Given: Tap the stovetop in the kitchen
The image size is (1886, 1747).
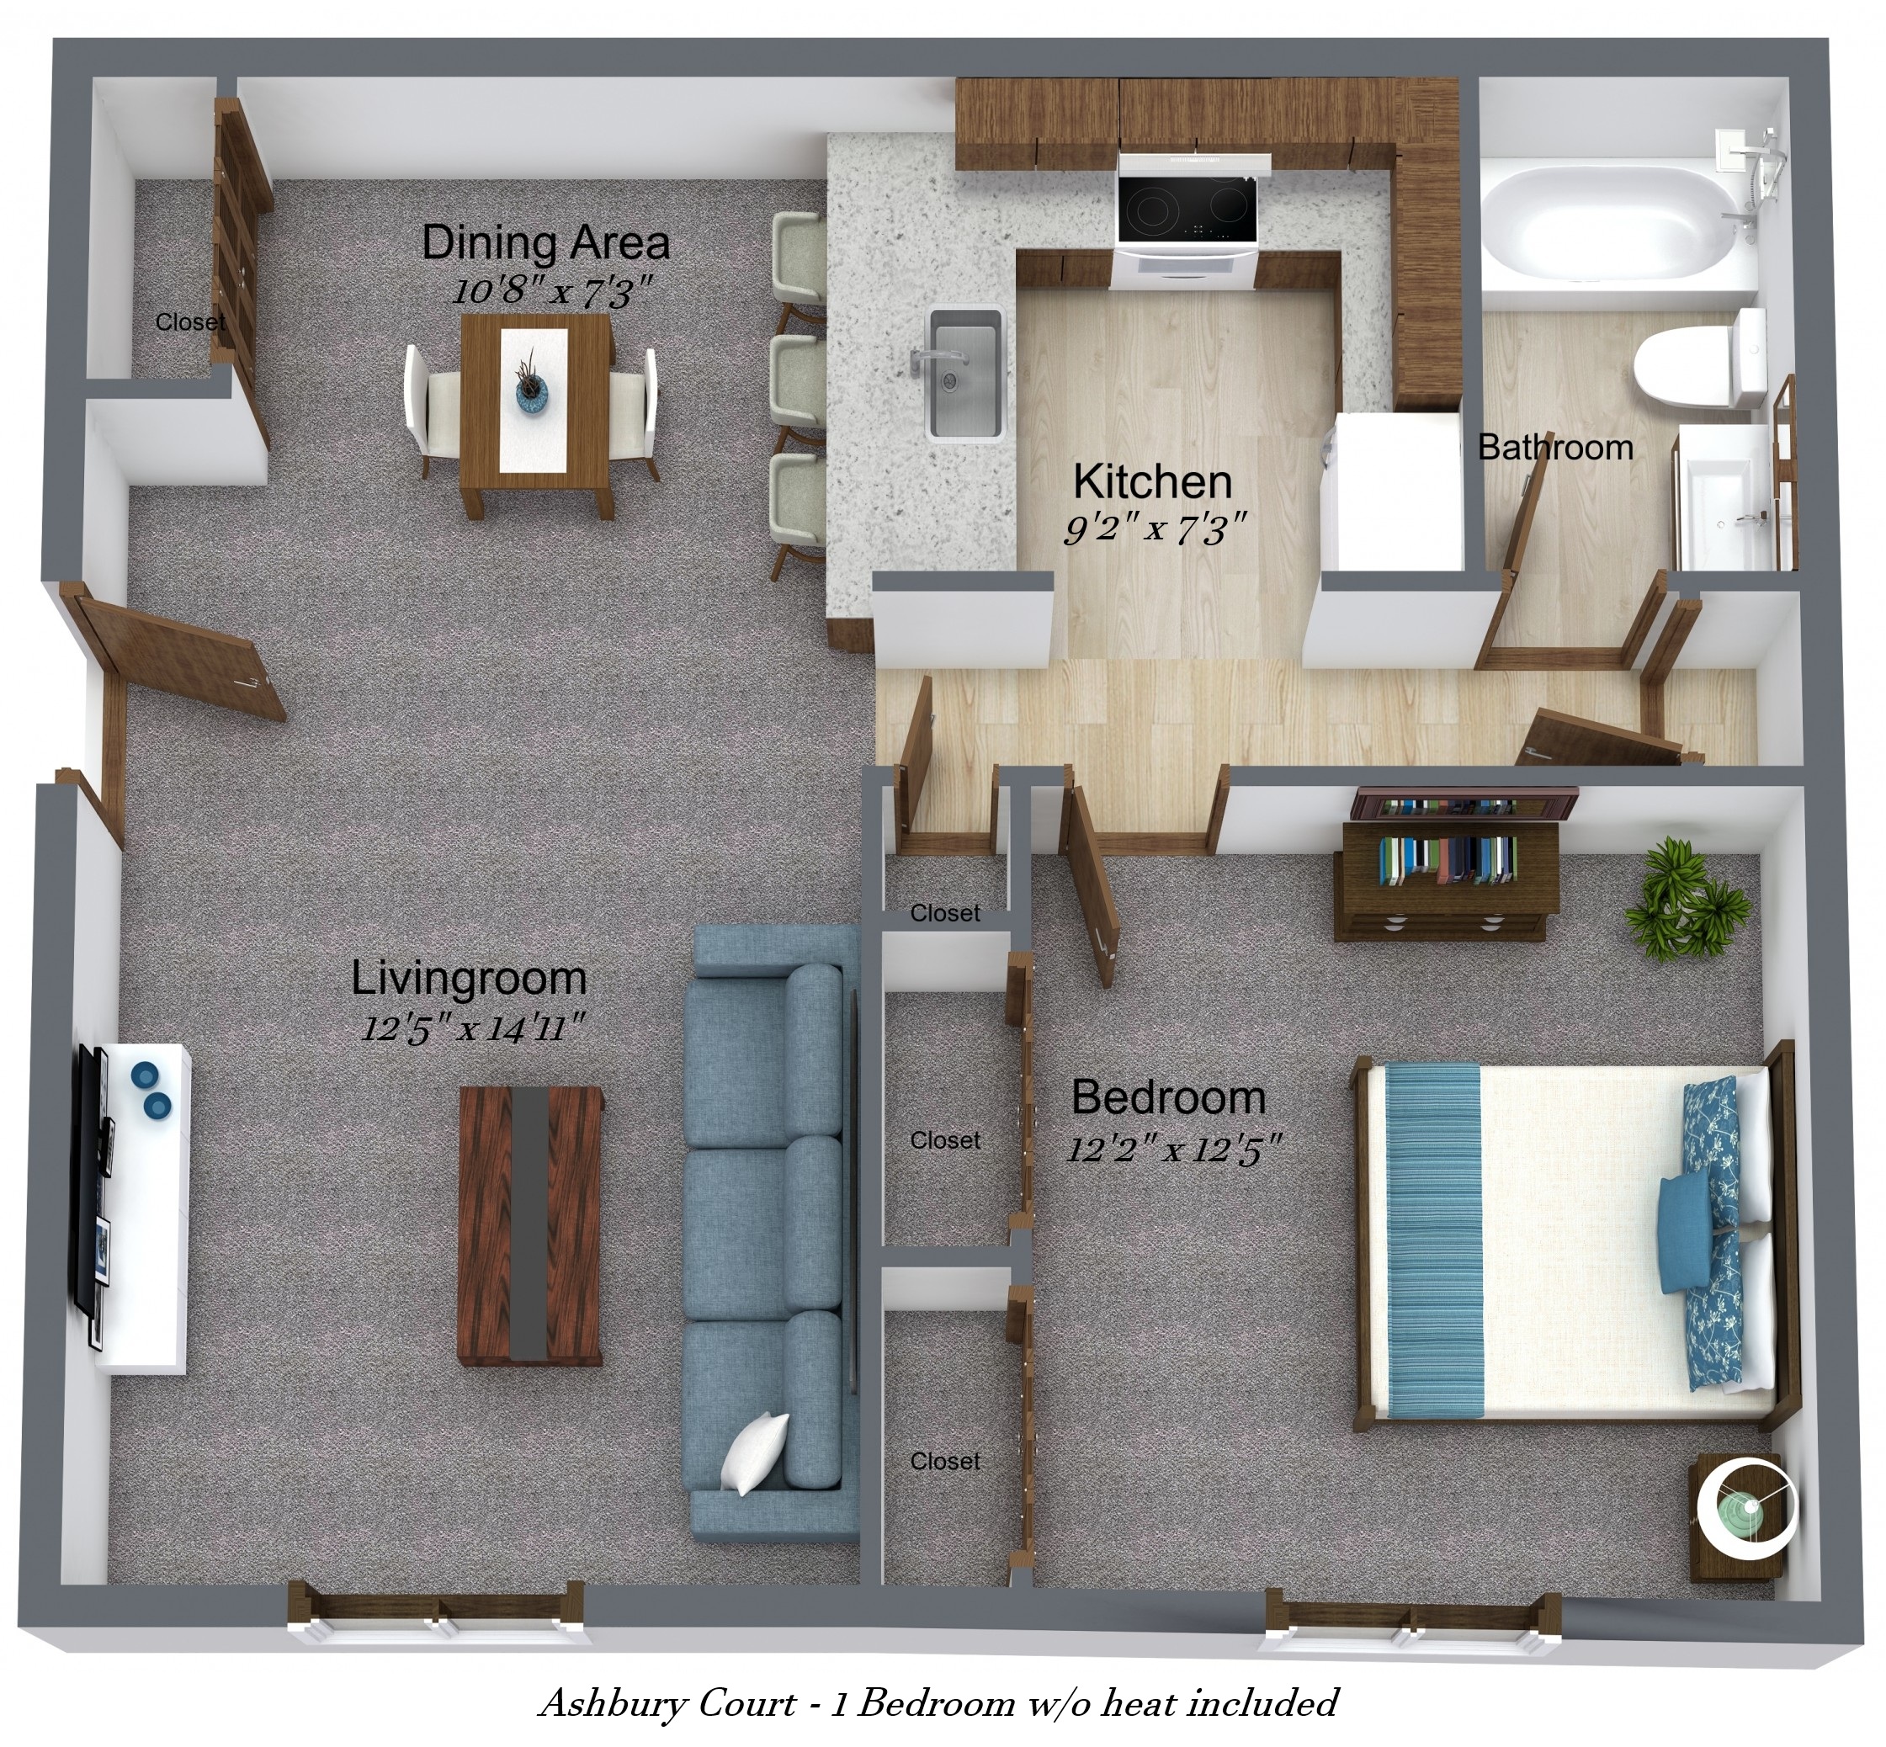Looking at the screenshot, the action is [1187, 210].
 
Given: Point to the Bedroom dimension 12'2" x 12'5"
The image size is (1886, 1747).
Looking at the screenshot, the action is [1174, 1150].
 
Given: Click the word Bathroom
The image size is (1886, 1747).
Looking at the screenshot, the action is [1555, 447].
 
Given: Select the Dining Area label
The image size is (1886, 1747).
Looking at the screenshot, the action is [545, 243].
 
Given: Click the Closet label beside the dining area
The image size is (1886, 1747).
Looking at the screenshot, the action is [190, 322].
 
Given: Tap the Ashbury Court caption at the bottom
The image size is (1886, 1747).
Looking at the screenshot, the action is [938, 1703].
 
